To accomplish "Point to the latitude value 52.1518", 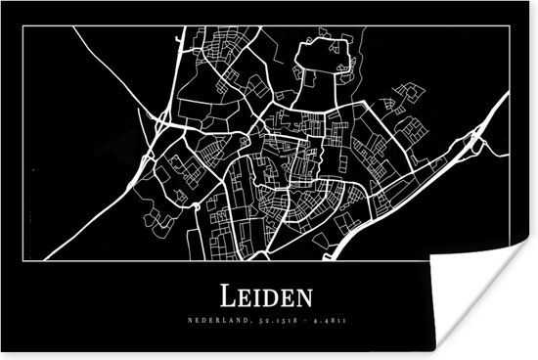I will (259, 319).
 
